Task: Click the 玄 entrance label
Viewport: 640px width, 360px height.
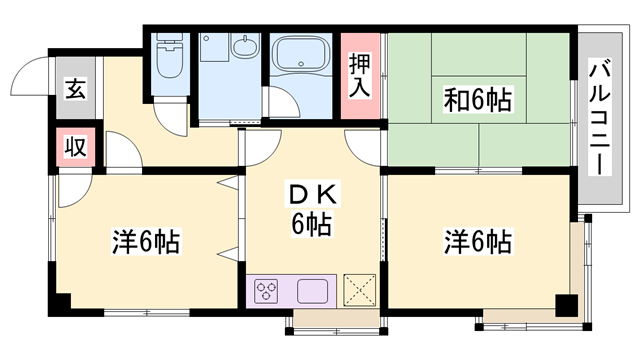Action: (76, 89)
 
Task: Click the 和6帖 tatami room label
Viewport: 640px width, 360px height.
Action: (477, 99)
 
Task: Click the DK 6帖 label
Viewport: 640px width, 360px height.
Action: (310, 208)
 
